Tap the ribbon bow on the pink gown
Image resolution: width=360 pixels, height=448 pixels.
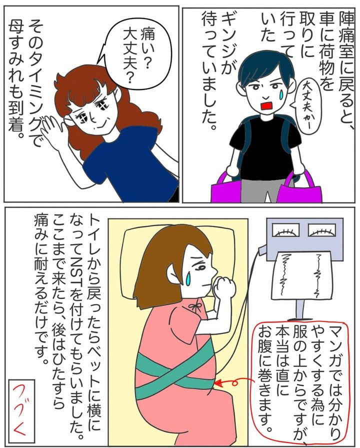(195, 307)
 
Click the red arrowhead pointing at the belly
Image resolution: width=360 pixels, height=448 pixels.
(217, 382)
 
